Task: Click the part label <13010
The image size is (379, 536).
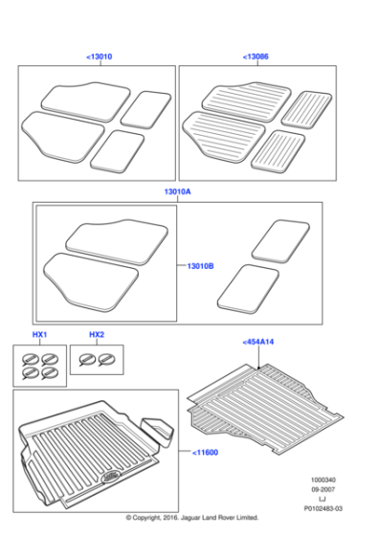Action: [99, 57]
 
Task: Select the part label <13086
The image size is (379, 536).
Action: [256, 57]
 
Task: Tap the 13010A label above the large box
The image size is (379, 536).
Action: [177, 192]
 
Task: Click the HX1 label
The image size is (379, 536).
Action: [39, 334]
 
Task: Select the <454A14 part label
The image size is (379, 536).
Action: [259, 342]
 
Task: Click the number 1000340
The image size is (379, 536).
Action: [323, 479]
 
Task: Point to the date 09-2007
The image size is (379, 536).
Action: [323, 489]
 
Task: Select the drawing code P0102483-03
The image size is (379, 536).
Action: [323, 511]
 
